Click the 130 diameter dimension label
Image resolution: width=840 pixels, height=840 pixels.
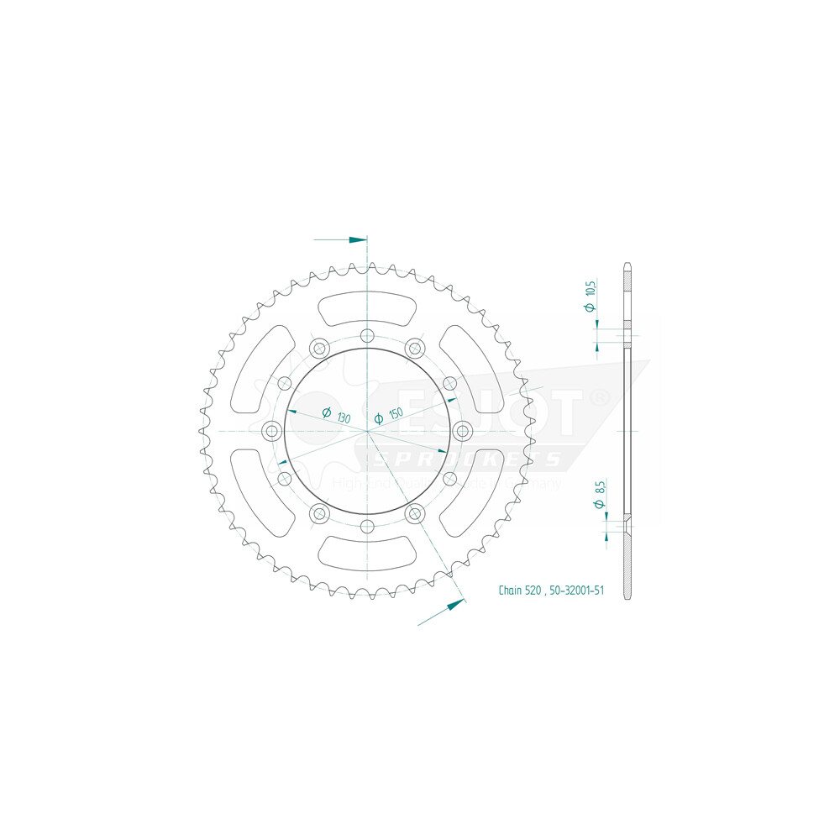(x=344, y=417)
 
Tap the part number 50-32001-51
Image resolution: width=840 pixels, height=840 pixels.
(x=576, y=591)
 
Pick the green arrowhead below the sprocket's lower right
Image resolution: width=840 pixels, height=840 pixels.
(x=454, y=604)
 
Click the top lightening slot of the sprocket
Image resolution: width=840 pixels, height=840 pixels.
(x=368, y=308)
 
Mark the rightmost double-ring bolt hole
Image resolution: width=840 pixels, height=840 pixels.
(x=462, y=431)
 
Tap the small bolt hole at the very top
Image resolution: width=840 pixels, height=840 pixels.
(x=367, y=336)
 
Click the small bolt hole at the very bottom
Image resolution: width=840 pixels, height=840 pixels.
(x=367, y=526)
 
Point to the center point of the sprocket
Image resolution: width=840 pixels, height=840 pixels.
(x=367, y=431)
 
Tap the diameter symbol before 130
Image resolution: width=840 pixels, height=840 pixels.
(x=325, y=412)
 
